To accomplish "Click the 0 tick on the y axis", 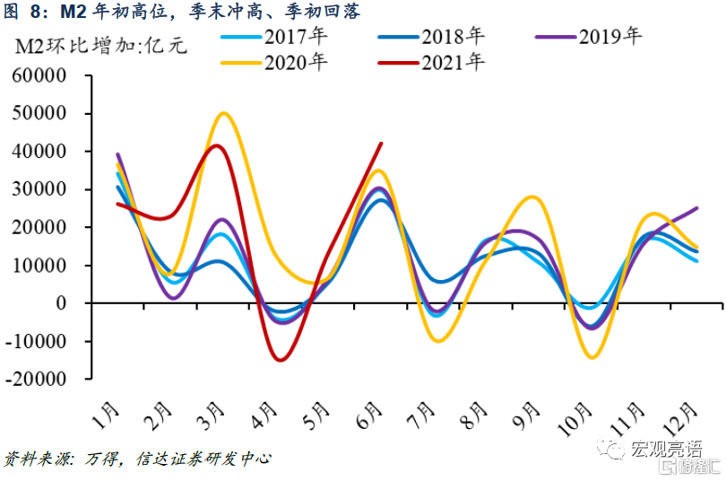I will [x=63, y=303].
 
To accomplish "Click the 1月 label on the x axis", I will [x=108, y=415].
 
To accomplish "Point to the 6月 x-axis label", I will [x=370, y=415].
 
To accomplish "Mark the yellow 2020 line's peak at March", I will [x=223, y=113].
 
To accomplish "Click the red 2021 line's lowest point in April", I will [x=281, y=360].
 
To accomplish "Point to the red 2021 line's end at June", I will [x=381, y=143].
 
